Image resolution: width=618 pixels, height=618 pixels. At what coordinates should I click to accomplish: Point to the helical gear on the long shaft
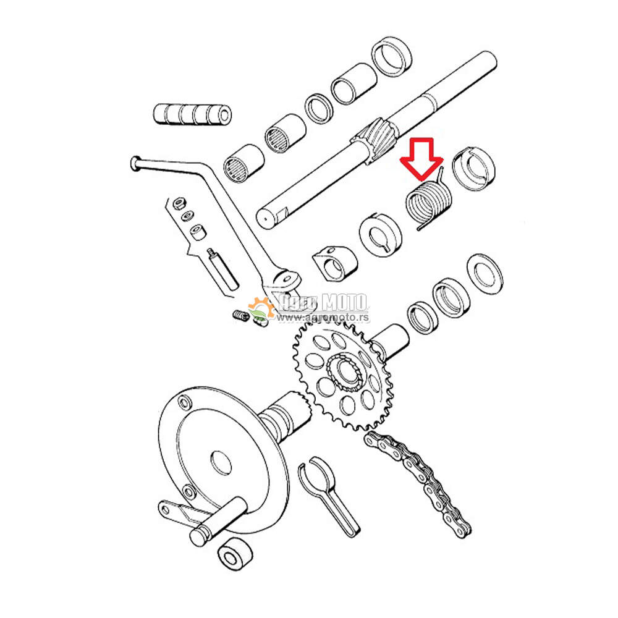pyautogui.click(x=374, y=140)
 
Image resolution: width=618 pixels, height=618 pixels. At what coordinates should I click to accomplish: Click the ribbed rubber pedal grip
pyautogui.click(x=192, y=114)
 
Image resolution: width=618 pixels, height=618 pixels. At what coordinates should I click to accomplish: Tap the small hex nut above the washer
pyautogui.click(x=179, y=204)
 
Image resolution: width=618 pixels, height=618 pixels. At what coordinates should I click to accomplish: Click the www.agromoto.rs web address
pyautogui.click(x=323, y=317)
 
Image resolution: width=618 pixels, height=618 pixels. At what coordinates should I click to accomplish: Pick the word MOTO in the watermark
pyautogui.click(x=344, y=303)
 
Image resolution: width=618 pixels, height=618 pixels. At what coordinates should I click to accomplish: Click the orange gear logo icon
pyautogui.click(x=261, y=308)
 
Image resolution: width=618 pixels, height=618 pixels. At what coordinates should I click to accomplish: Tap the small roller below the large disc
pyautogui.click(x=235, y=554)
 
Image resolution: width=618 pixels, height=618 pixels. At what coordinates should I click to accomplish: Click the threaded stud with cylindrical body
pyautogui.click(x=222, y=269)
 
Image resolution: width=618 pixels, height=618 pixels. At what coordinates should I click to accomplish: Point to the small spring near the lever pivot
pyautogui.click(x=241, y=316)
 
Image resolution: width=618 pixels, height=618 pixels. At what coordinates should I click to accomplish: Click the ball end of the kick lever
pyautogui.click(x=135, y=164)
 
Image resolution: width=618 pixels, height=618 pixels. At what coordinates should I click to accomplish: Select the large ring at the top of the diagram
pyautogui.click(x=392, y=57)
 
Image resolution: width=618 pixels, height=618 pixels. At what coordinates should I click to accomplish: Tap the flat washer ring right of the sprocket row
pyautogui.click(x=485, y=274)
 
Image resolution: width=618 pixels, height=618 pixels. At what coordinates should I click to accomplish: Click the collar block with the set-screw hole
pyautogui.click(x=334, y=263)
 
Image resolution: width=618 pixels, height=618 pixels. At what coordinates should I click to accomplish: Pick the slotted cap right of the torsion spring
pyautogui.click(x=473, y=169)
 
